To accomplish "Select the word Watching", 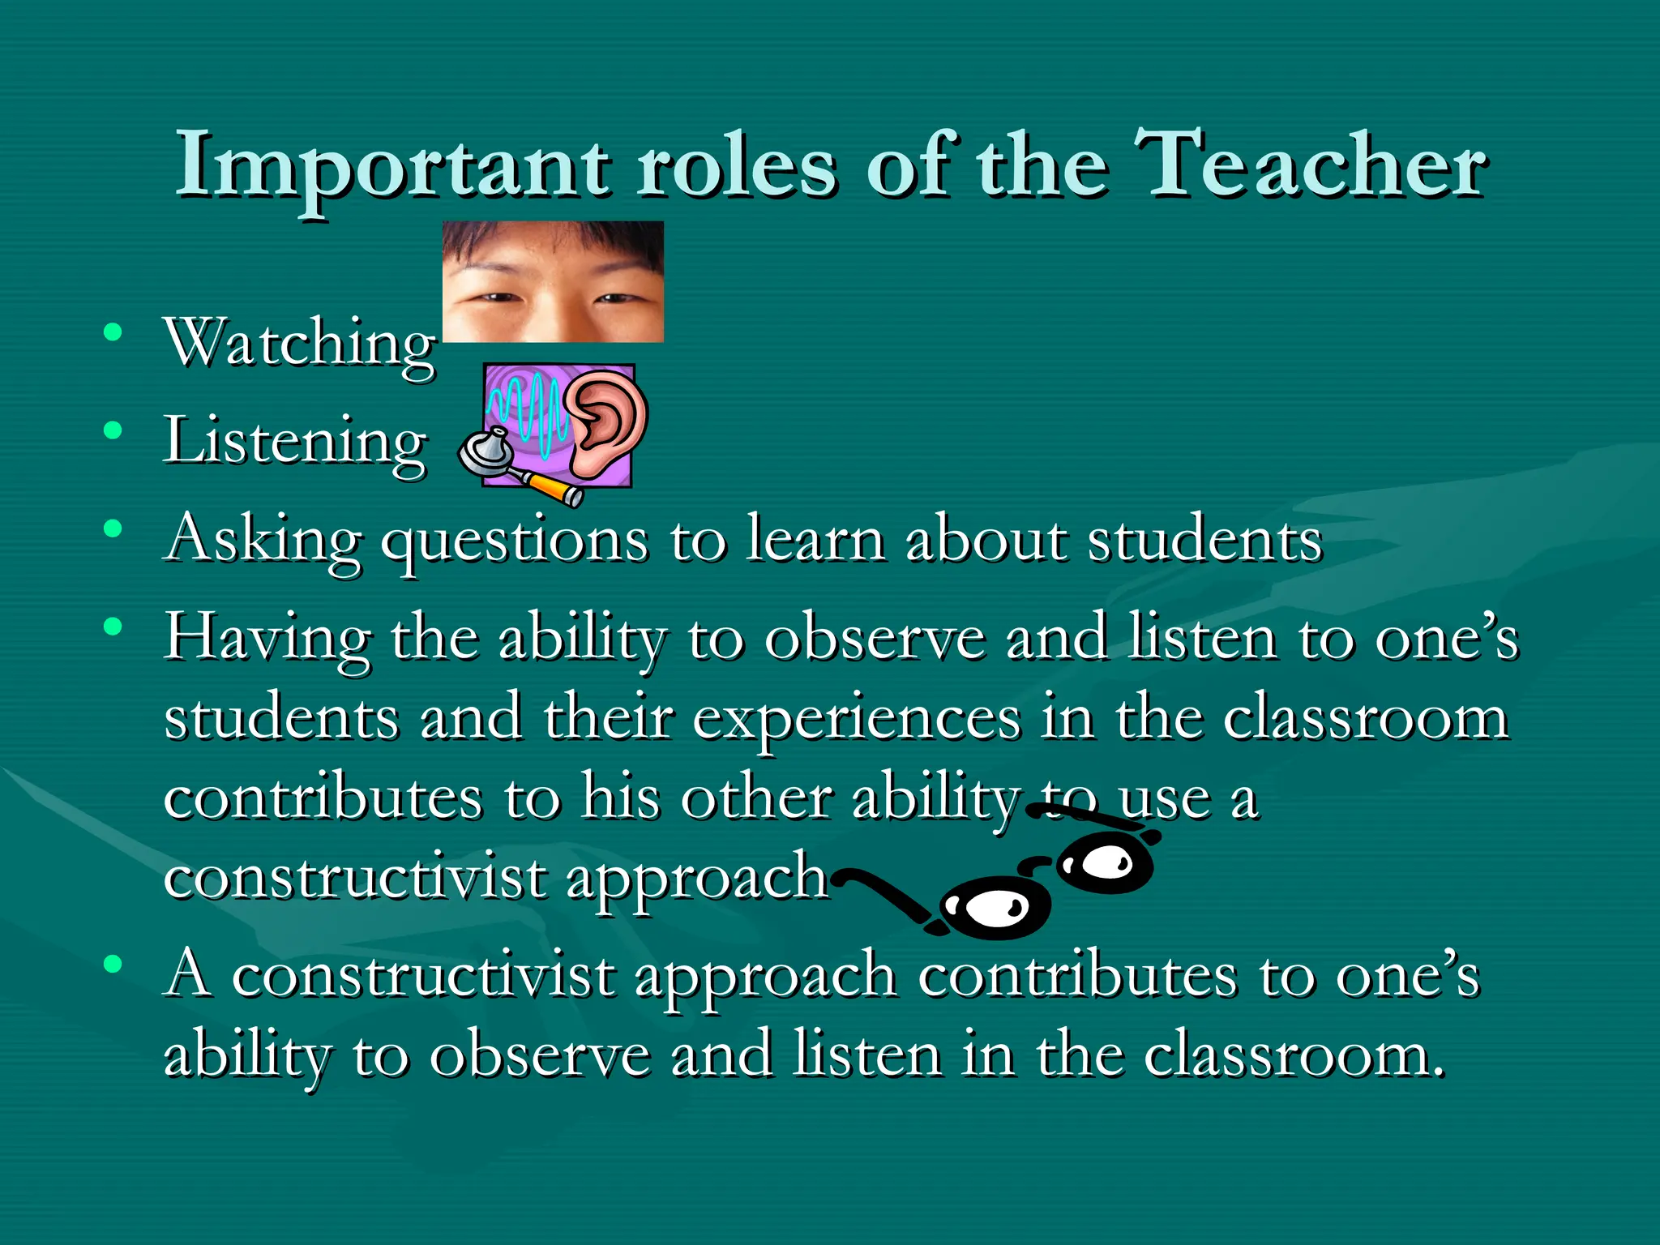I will pos(300,344).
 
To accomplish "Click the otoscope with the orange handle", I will pos(519,470).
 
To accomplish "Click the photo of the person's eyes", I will pos(553,282).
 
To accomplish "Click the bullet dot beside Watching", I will pos(113,332).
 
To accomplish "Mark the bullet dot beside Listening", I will pos(113,430).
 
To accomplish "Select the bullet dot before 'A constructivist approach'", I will pos(113,964).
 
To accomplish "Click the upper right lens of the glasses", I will pos(1105,863).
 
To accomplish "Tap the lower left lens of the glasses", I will pos(995,908).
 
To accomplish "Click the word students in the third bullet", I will pos(1204,541).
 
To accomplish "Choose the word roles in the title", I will pos(736,166).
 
